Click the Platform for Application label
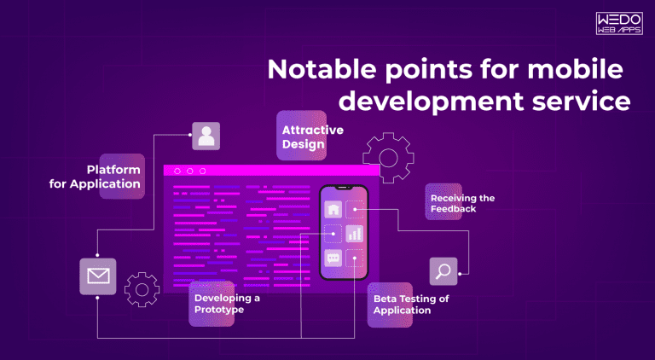tap(113, 177)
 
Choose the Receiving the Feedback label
tap(461, 203)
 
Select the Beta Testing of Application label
tap(410, 305)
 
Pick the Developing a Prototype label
tap(226, 304)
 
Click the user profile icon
tap(206, 135)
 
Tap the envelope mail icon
tap(97, 276)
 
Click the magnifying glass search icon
tap(443, 271)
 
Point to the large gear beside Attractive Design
tap(389, 158)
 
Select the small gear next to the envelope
tap(142, 289)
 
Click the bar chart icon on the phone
tap(355, 233)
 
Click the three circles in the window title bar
tap(189, 171)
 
